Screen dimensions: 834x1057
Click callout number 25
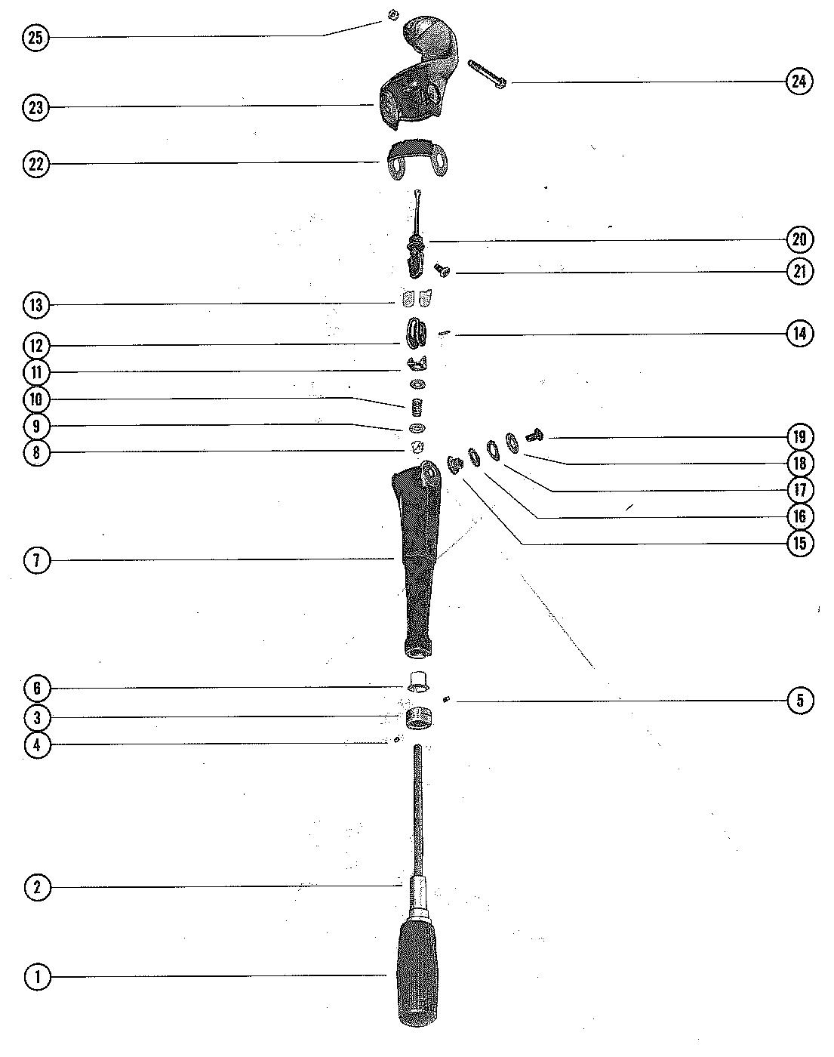(x=35, y=38)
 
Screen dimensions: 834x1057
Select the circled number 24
(x=800, y=81)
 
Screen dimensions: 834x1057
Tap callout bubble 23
(x=35, y=107)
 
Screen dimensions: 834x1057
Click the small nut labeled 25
(x=392, y=14)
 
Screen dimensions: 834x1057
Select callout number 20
(x=800, y=240)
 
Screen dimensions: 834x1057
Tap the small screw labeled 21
(x=440, y=268)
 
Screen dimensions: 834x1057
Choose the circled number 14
(x=800, y=333)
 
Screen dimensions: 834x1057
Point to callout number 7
(x=35, y=560)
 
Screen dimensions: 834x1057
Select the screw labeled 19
(x=535, y=435)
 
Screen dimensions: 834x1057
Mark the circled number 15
(x=800, y=543)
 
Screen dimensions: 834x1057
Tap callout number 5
(x=800, y=701)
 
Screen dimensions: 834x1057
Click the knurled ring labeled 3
(x=417, y=718)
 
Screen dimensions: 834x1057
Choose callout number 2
(x=35, y=887)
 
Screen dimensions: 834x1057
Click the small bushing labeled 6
(x=417, y=679)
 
